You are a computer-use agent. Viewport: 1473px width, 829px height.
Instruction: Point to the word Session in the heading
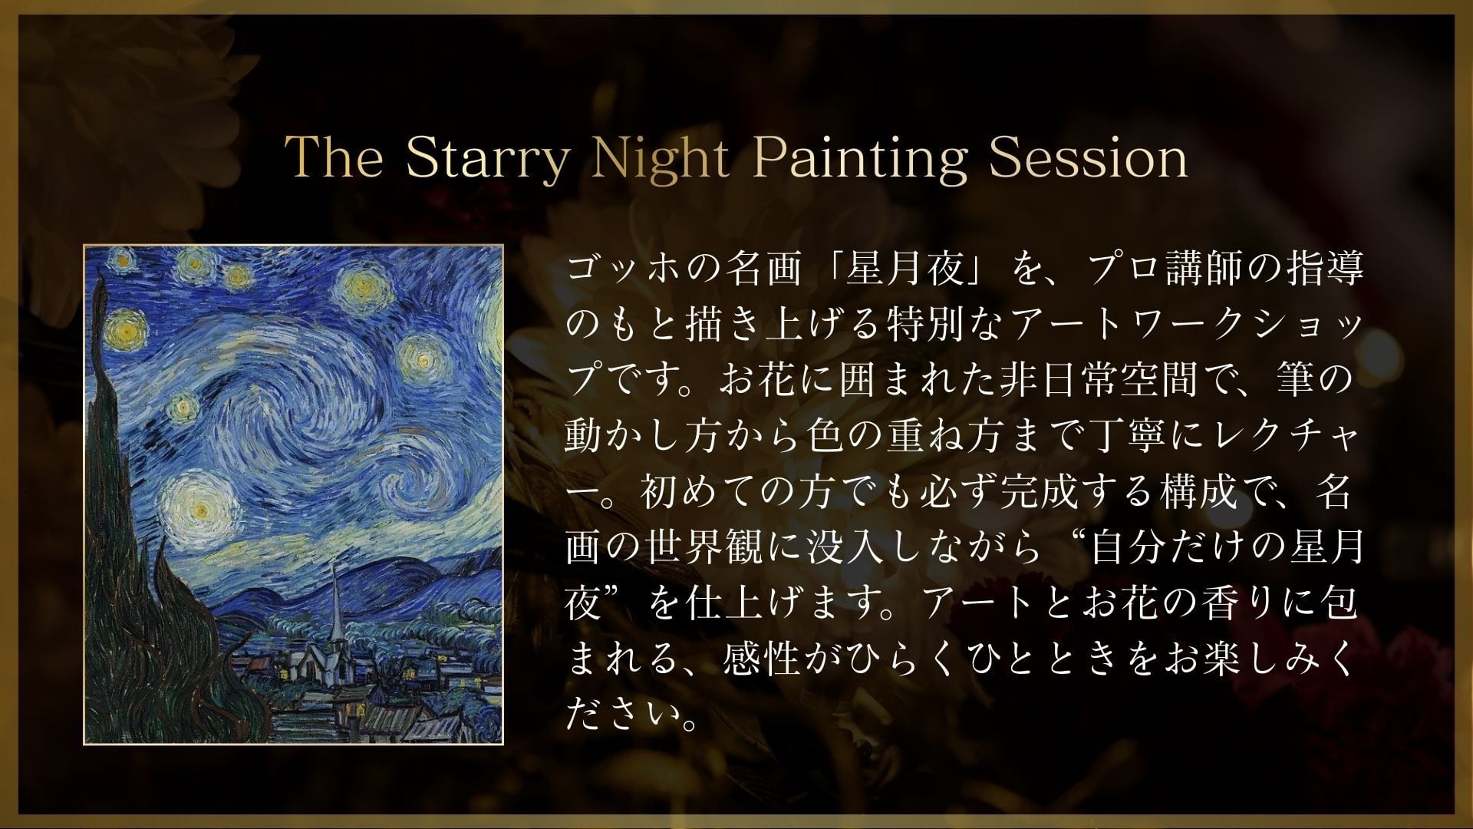pyautogui.click(x=1088, y=158)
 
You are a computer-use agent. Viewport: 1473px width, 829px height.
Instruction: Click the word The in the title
pyautogui.click(x=335, y=158)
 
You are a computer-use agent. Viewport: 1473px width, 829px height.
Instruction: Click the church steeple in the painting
pyautogui.click(x=335, y=614)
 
